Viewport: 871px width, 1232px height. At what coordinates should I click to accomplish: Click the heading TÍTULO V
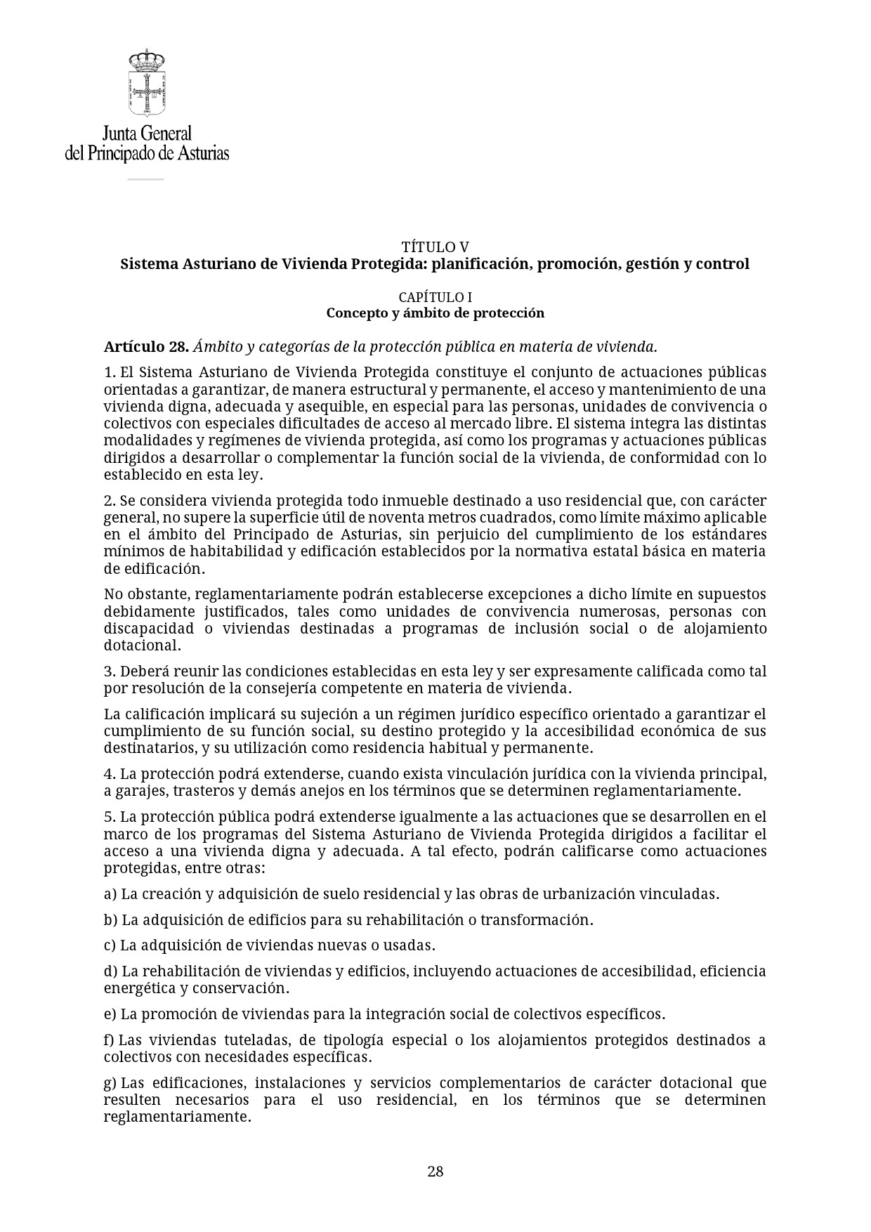435,247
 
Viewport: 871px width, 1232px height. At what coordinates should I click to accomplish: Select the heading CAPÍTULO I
435,298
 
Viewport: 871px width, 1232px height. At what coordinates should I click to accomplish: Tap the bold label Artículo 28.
146,347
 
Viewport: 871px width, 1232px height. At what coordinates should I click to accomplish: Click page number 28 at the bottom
435,1171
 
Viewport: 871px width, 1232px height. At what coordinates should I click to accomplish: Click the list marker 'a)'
110,894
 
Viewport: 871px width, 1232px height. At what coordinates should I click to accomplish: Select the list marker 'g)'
110,1083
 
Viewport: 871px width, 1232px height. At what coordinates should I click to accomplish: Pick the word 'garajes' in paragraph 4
141,791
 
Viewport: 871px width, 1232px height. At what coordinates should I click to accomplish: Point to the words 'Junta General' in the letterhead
147,133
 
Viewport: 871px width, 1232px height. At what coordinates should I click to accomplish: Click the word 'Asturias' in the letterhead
202,152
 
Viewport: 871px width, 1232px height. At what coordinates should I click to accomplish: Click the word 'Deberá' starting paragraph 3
143,671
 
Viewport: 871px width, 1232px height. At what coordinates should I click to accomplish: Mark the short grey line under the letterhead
145,179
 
